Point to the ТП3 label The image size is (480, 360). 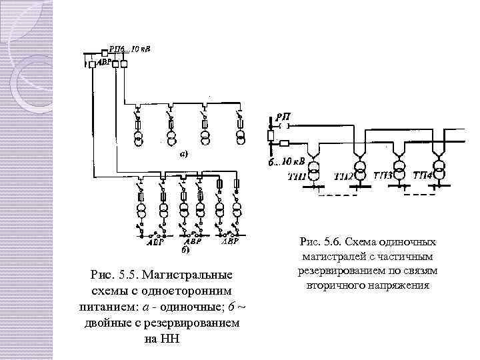[384, 175]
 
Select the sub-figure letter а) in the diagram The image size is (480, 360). [183, 153]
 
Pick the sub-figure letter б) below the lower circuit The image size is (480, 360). [185, 251]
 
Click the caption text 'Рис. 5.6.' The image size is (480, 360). [321, 242]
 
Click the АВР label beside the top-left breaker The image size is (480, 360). [105, 61]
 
